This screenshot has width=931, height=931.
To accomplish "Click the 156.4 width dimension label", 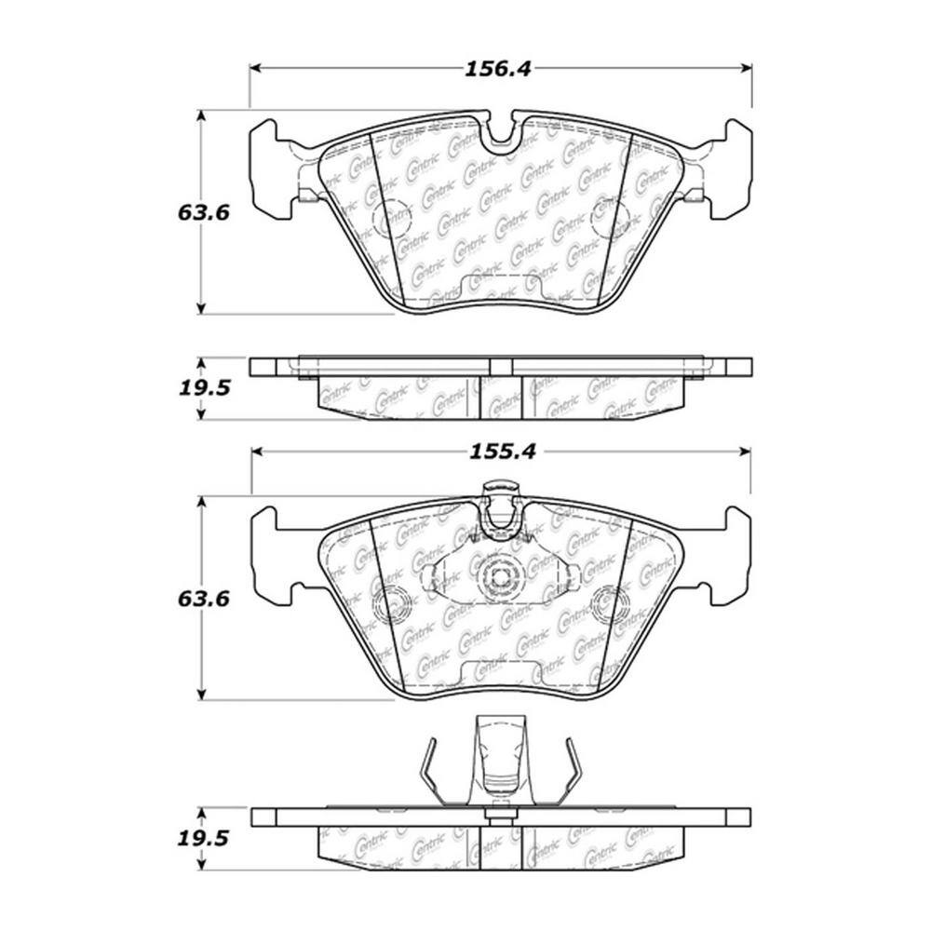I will pyautogui.click(x=499, y=69).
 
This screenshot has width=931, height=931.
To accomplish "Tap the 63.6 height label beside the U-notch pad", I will pyautogui.click(x=204, y=211).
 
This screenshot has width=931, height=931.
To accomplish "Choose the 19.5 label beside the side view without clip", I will pyautogui.click(x=204, y=387).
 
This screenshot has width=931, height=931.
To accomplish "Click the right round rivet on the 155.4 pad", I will pyautogui.click(x=609, y=605).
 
